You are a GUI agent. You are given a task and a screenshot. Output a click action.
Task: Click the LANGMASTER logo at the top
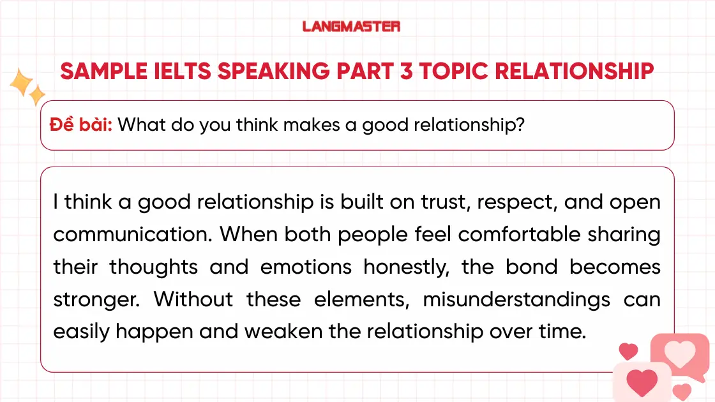tap(351, 26)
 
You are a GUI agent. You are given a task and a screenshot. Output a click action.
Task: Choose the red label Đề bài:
tap(81, 124)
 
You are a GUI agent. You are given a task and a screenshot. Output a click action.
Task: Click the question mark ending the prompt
tap(520, 124)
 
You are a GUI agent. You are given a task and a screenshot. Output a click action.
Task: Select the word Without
tap(193, 299)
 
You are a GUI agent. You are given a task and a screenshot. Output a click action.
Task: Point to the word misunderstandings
tap(516, 299)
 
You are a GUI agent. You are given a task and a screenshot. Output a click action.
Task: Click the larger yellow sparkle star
tap(21, 83)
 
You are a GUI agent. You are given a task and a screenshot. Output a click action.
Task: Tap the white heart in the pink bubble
tap(680, 352)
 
